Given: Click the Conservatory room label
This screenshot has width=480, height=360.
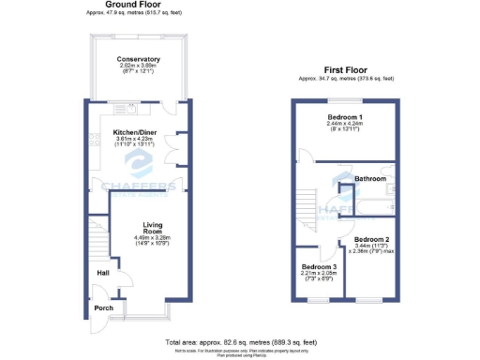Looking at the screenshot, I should (x=138, y=59).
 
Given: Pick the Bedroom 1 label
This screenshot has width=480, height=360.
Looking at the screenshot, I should (x=347, y=116).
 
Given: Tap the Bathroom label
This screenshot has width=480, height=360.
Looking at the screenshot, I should (x=370, y=177).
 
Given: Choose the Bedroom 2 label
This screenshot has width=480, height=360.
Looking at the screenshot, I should (x=371, y=239).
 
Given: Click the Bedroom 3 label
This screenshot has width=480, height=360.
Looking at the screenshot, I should (x=319, y=266).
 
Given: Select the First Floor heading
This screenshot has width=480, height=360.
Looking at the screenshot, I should (x=346, y=70).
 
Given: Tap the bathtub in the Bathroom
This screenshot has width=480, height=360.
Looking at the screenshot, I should (x=373, y=201).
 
